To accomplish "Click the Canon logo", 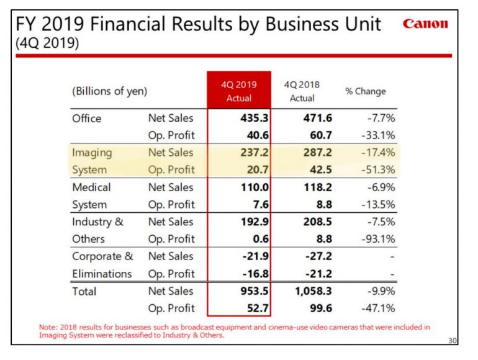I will [425, 24].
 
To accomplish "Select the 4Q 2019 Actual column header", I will [239, 91].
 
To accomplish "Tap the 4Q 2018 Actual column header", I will [302, 91].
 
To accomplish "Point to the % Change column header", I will [366, 91].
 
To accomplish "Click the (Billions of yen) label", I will [110, 91].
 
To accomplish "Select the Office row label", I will [86, 118].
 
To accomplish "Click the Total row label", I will [84, 291].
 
